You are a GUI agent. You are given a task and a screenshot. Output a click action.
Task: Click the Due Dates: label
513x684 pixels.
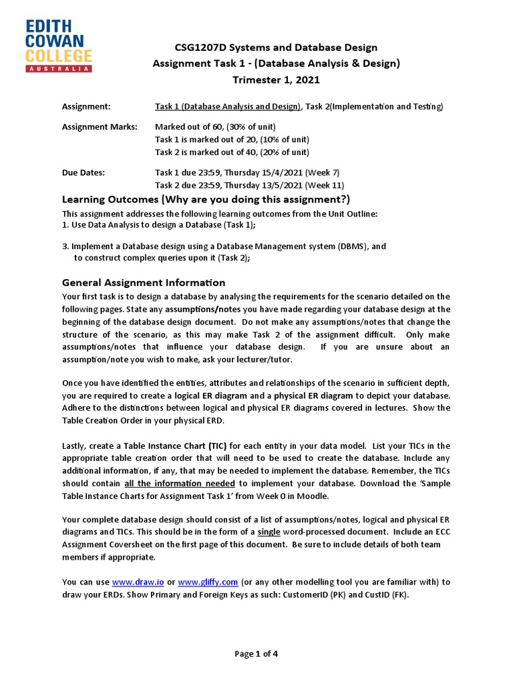[x=83, y=172]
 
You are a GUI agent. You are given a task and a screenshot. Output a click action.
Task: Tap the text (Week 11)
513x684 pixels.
[x=325, y=185]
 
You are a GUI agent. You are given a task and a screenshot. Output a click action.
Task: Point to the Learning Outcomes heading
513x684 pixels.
[x=206, y=200]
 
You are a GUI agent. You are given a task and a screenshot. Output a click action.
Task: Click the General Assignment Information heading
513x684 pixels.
[x=144, y=283]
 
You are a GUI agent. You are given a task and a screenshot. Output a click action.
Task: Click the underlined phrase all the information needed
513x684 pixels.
[x=179, y=484]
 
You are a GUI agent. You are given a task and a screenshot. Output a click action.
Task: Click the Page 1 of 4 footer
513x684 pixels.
[x=256, y=654]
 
